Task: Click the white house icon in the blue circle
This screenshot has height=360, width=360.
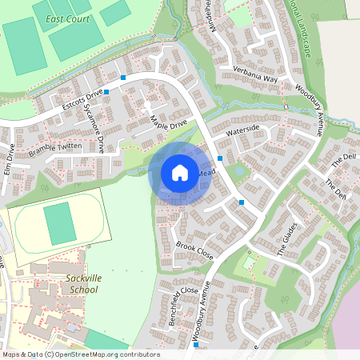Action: coord(180,172)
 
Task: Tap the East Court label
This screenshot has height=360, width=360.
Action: coord(68,19)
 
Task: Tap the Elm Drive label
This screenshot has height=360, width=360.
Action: coord(10,159)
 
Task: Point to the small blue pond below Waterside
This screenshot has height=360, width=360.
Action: coord(239,170)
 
